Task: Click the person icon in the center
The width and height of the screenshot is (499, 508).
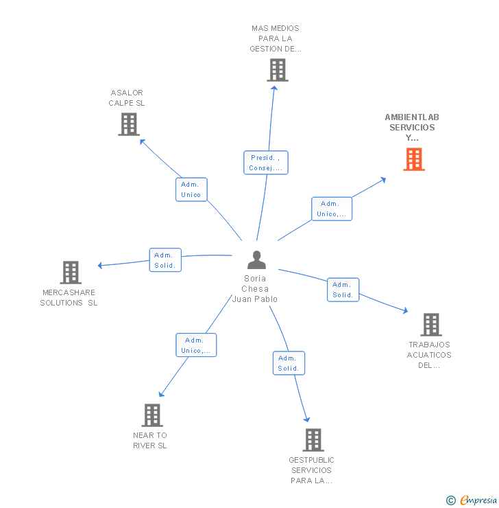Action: click(x=256, y=260)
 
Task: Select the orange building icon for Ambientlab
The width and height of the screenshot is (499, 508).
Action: click(x=413, y=159)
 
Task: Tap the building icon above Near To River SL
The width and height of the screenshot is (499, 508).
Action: click(x=152, y=415)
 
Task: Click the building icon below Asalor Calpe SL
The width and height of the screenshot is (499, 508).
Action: click(x=128, y=124)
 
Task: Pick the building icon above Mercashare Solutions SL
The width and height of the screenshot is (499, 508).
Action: click(x=70, y=273)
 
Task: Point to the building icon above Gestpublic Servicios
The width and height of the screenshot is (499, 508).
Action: click(x=313, y=439)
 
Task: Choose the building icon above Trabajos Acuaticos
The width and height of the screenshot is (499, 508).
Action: click(x=430, y=325)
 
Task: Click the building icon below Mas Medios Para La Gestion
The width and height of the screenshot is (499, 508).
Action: click(x=277, y=70)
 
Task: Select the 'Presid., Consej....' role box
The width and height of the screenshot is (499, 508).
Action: click(x=266, y=163)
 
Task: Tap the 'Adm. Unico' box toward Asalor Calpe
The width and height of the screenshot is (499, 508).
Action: click(x=191, y=189)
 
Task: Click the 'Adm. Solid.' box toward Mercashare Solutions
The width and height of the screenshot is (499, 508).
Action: click(x=165, y=260)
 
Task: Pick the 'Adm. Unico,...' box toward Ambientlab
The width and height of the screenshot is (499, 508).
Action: click(x=332, y=209)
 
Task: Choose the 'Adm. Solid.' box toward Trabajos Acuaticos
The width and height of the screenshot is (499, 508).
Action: click(x=343, y=290)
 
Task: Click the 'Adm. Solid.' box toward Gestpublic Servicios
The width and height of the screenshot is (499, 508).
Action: click(x=289, y=363)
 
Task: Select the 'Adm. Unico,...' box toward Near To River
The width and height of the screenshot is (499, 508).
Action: click(x=196, y=345)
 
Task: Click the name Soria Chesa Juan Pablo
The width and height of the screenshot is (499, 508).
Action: click(x=255, y=289)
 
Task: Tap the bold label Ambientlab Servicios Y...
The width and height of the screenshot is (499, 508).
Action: click(x=412, y=127)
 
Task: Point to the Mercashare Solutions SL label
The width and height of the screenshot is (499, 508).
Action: click(x=69, y=297)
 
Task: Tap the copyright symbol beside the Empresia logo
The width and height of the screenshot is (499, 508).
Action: click(x=450, y=500)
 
